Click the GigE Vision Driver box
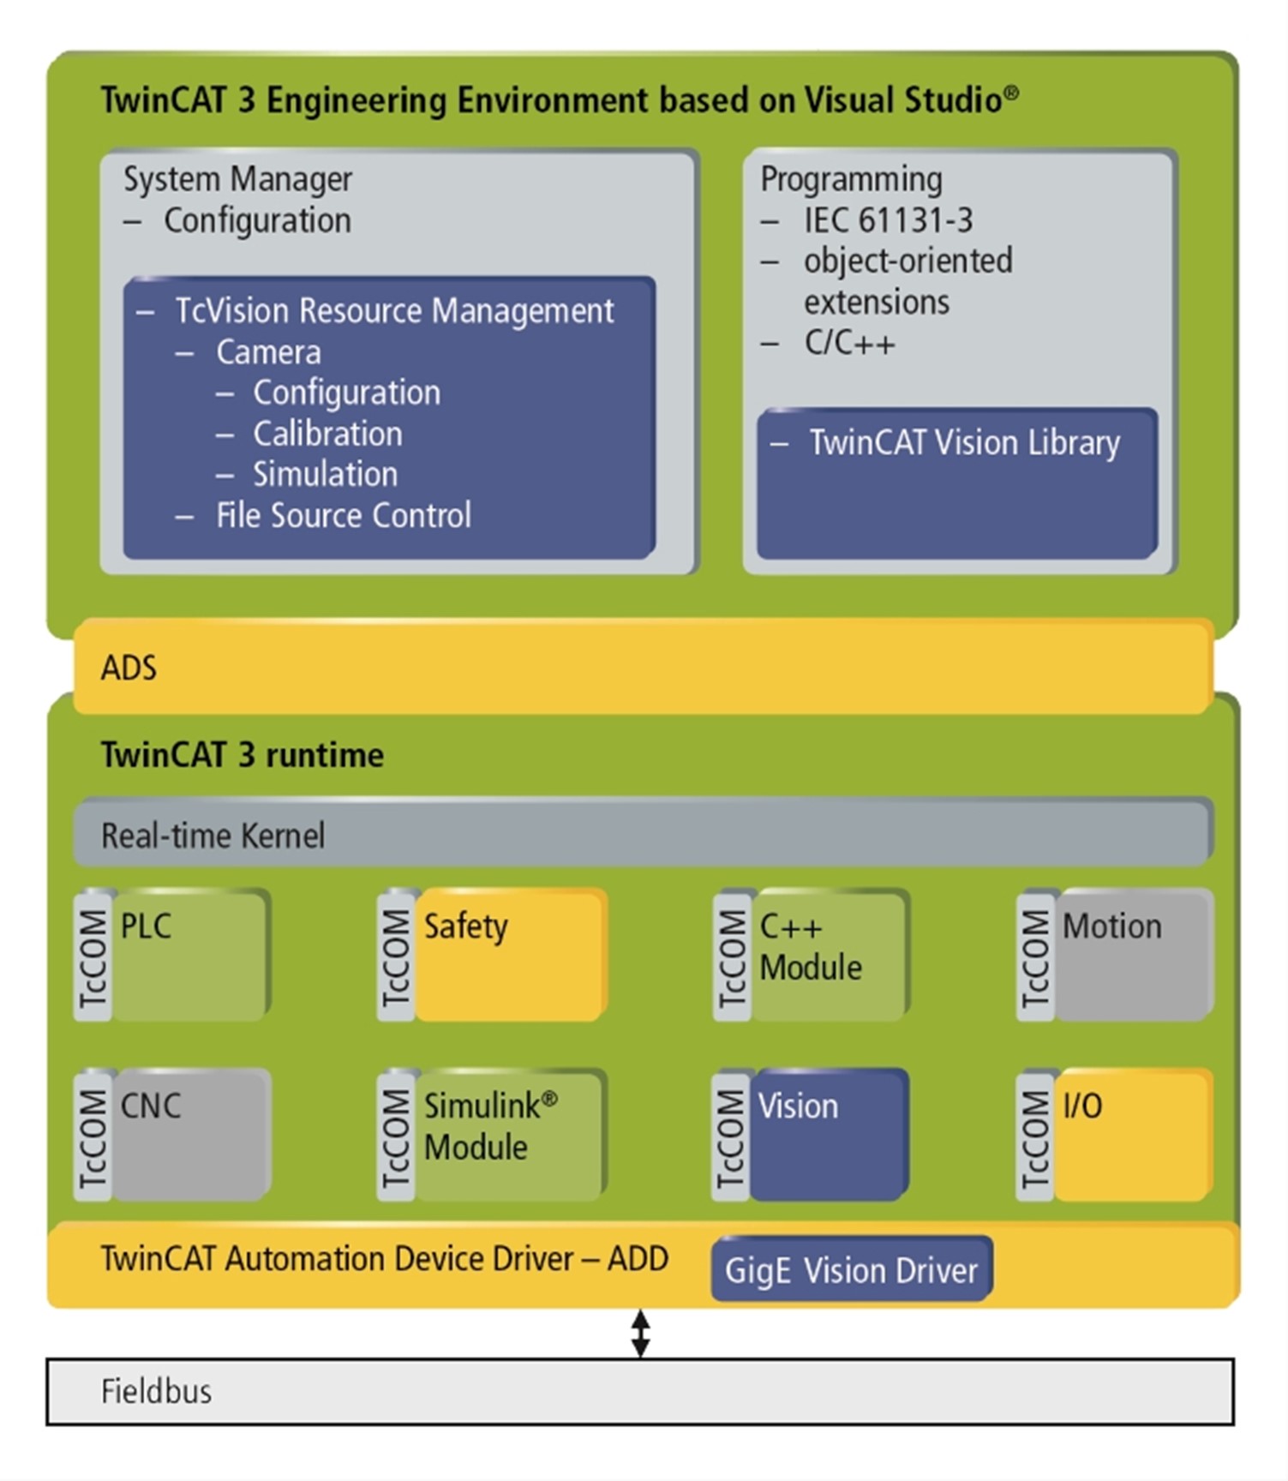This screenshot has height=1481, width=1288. click(851, 1269)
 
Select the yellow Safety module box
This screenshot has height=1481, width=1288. click(510, 956)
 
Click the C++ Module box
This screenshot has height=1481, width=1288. click(828, 956)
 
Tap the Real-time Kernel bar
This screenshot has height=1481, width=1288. click(643, 834)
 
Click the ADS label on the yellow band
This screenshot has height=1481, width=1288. click(129, 668)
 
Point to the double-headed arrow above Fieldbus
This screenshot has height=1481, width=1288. click(640, 1334)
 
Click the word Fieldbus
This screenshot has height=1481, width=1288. click(156, 1391)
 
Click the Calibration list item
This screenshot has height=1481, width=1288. click(327, 434)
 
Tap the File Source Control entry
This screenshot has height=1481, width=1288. click(343, 516)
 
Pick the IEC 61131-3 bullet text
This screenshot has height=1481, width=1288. click(888, 220)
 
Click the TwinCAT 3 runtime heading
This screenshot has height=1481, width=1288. click(243, 755)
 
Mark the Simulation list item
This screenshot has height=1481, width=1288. click(325, 475)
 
